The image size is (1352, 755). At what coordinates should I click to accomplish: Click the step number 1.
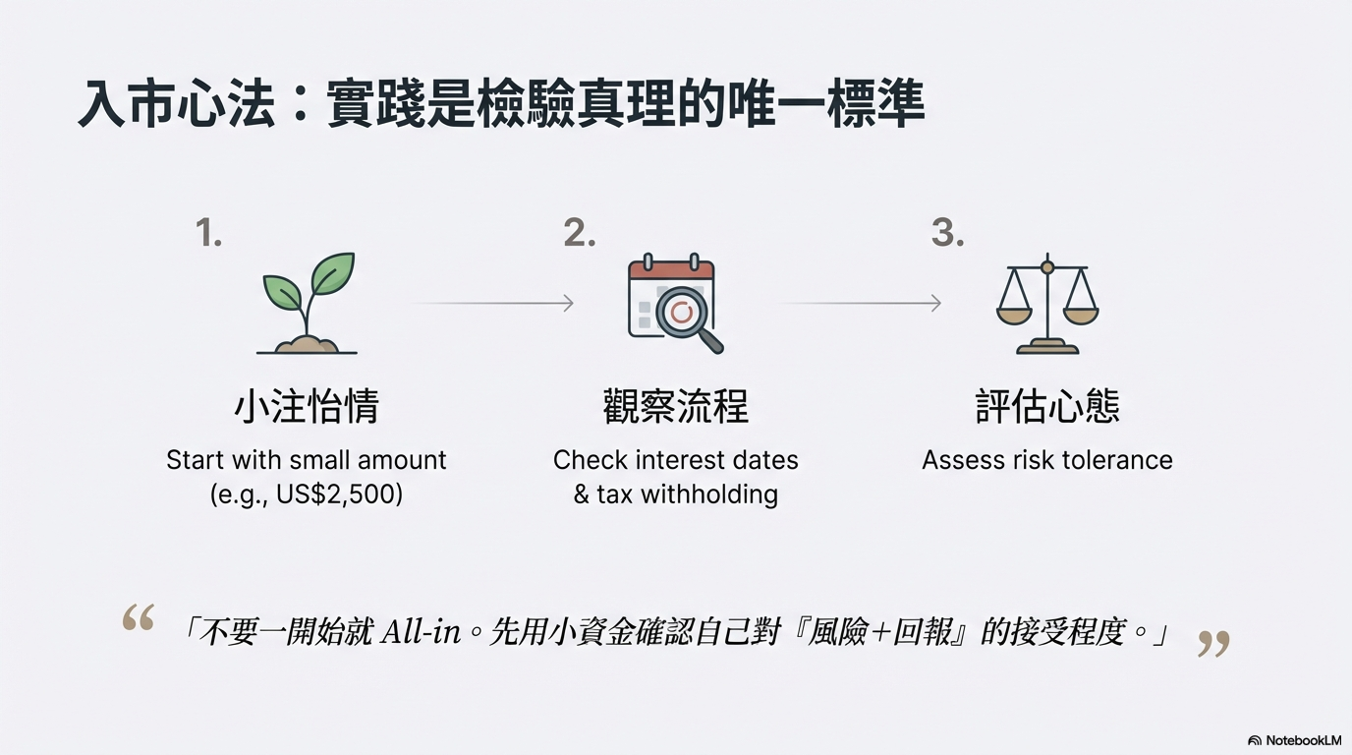[209, 233]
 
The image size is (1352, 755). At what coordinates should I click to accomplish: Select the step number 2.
[580, 233]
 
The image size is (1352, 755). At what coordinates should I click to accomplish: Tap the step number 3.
[947, 233]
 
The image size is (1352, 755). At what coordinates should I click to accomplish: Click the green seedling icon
[308, 303]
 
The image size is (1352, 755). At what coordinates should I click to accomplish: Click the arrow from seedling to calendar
[492, 303]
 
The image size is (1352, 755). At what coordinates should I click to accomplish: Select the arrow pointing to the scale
[860, 303]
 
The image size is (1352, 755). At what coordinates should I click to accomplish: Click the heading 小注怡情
[307, 406]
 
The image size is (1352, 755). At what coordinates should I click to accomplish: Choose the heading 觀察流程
[675, 406]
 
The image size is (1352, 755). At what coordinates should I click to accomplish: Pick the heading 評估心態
[1047, 406]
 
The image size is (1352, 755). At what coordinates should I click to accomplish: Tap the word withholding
[709, 494]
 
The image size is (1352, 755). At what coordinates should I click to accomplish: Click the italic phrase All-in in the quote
[421, 632]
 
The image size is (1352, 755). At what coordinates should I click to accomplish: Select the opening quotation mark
[139, 617]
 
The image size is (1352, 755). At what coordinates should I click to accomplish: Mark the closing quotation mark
[1213, 644]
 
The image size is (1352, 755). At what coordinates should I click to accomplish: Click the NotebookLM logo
[1294, 740]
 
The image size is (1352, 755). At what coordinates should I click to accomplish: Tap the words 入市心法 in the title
[176, 103]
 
